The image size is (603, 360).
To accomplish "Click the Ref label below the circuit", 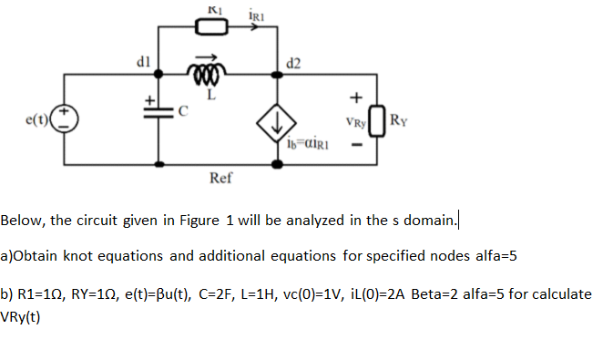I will (219, 179).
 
